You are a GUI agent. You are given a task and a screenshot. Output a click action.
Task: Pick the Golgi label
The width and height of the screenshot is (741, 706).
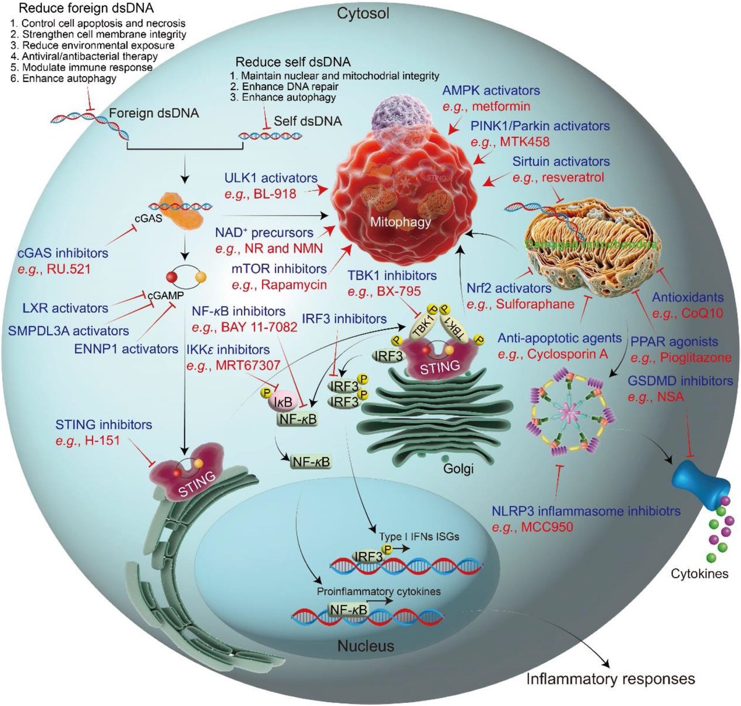point(458,469)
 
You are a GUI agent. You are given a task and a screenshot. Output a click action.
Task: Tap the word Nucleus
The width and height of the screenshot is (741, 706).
point(366,646)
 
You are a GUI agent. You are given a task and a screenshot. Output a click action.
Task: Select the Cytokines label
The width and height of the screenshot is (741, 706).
point(700,573)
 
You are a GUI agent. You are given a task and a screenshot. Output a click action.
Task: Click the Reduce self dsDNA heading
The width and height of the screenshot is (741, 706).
point(293,62)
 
